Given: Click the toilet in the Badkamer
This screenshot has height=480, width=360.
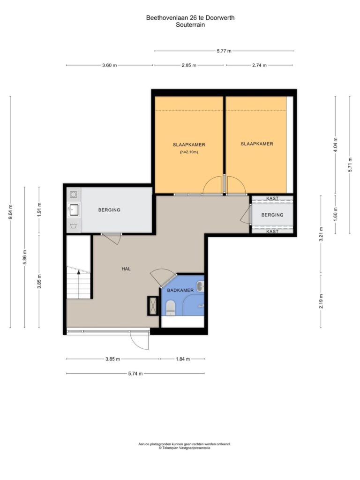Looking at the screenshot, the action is (170, 307).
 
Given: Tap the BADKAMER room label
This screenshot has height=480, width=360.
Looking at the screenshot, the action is (180, 290).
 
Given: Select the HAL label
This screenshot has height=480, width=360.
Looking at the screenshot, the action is (126, 269).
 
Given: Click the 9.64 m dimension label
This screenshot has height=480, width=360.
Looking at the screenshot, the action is (10, 211).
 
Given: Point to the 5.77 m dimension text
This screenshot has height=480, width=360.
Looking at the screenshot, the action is (224, 51).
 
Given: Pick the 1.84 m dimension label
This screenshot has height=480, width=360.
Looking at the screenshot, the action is (183, 359).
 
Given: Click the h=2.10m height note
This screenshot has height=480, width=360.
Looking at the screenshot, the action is (189, 152).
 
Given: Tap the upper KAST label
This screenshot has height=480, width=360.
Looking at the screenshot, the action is (272, 198).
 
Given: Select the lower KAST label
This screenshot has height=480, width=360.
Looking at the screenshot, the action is (272, 232).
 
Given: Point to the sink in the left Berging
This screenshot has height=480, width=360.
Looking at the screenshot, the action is (74, 210).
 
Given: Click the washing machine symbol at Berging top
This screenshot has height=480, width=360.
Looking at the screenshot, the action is (74, 195).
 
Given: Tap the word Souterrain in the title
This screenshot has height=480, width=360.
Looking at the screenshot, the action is (190, 25).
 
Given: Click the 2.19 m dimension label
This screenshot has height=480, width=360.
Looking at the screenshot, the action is (321, 301).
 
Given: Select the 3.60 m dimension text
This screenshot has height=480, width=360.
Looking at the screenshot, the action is (110, 65).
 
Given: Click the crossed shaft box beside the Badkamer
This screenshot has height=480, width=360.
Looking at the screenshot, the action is (152, 306).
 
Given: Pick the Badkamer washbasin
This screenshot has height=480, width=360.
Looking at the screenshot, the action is (201, 286).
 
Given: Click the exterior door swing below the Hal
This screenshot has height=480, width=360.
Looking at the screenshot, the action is (140, 340).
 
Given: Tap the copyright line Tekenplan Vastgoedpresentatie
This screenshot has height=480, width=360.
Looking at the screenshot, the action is (184, 448).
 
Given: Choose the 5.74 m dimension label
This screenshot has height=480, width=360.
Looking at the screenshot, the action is (135, 374).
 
